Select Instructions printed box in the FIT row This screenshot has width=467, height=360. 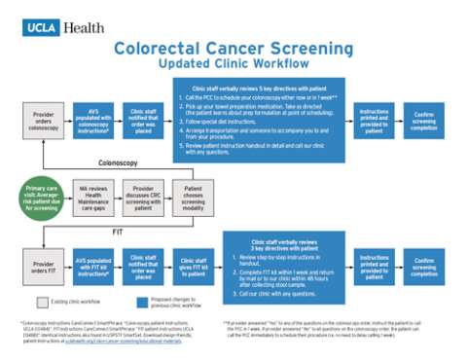click(374, 268)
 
